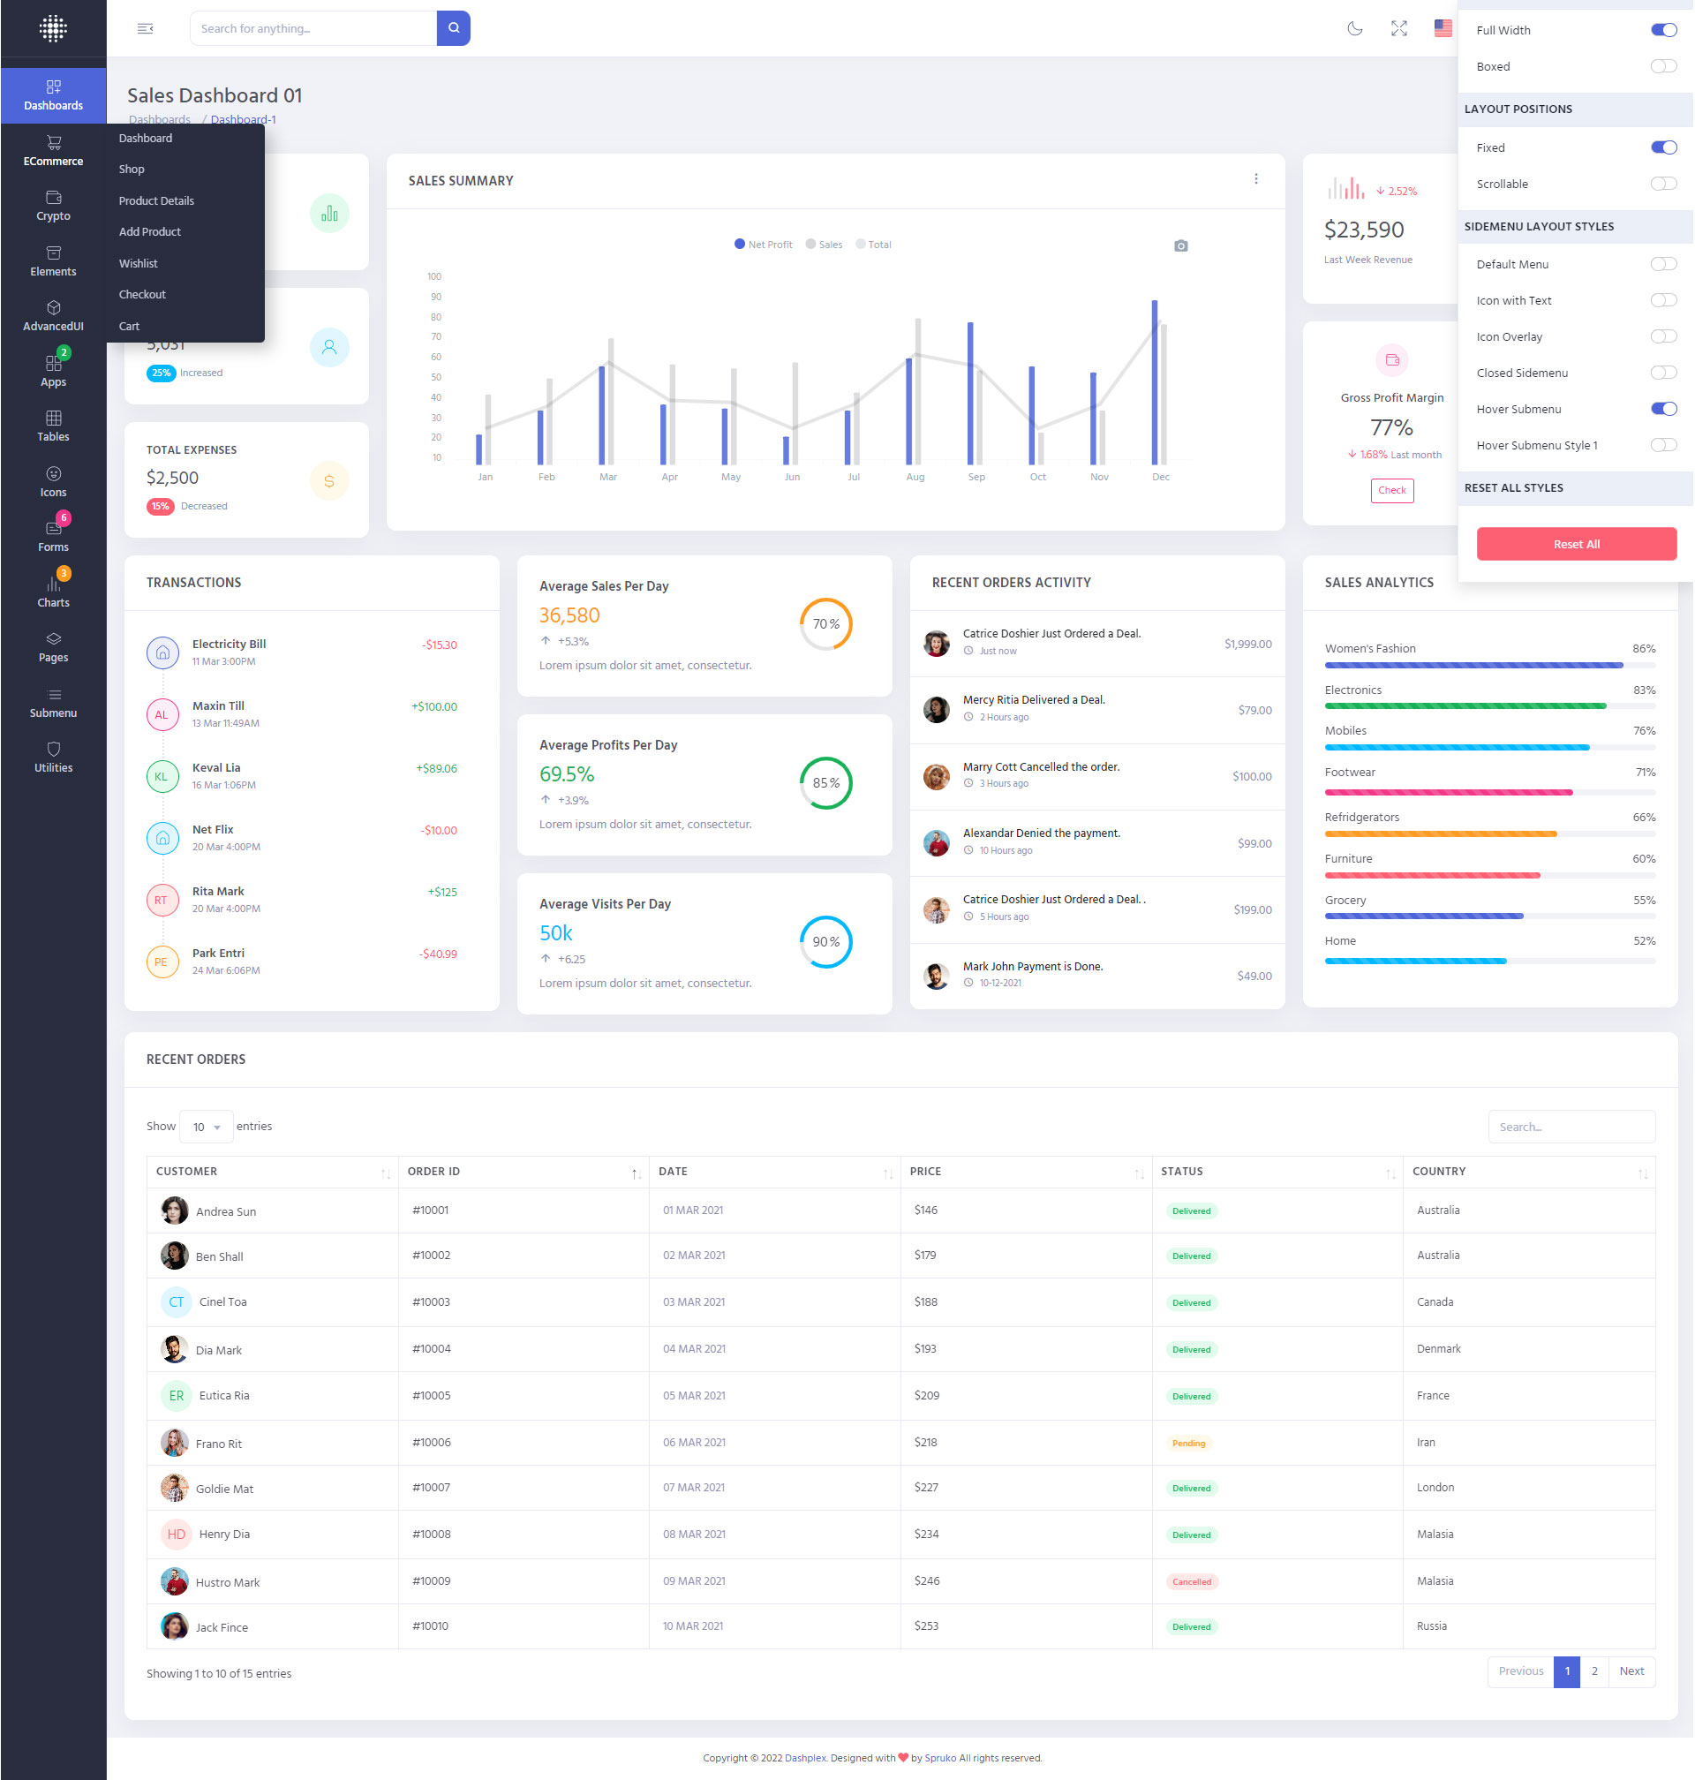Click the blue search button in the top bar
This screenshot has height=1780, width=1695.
[453, 28]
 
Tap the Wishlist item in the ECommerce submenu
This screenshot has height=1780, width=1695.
[139, 263]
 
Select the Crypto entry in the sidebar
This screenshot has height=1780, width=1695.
[53, 205]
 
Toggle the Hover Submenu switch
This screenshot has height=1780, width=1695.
[1662, 410]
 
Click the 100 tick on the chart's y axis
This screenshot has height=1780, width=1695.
[434, 276]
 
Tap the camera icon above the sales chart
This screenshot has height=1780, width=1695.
[1180, 245]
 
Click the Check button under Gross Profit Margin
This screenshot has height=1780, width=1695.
[1391, 491]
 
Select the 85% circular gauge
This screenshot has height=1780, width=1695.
[825, 782]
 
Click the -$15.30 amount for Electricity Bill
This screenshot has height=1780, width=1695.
[439, 645]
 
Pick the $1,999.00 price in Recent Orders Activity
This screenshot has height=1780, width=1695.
[1247, 645]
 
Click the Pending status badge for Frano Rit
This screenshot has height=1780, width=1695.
[1188, 1443]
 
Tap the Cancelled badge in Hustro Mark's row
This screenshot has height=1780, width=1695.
[1191, 1582]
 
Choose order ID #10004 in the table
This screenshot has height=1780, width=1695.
[431, 1349]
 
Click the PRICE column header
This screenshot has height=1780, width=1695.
[925, 1171]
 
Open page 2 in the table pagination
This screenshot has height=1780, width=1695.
[1593, 1671]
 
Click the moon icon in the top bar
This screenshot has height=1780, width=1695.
[1354, 28]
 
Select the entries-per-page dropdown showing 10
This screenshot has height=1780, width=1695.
[206, 1127]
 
